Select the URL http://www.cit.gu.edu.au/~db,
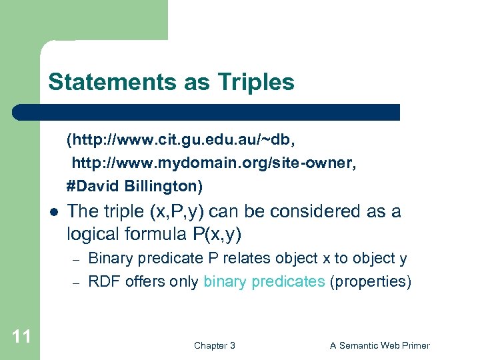tap(181, 140)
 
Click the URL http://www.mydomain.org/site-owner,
tap(214, 162)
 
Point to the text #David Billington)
tap(134, 185)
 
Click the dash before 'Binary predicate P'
tap(77, 259)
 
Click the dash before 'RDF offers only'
tap(77, 283)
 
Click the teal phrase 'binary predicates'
tap(264, 281)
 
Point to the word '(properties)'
tap(371, 281)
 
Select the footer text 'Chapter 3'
tap(214, 345)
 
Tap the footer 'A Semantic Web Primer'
tap(380, 345)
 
